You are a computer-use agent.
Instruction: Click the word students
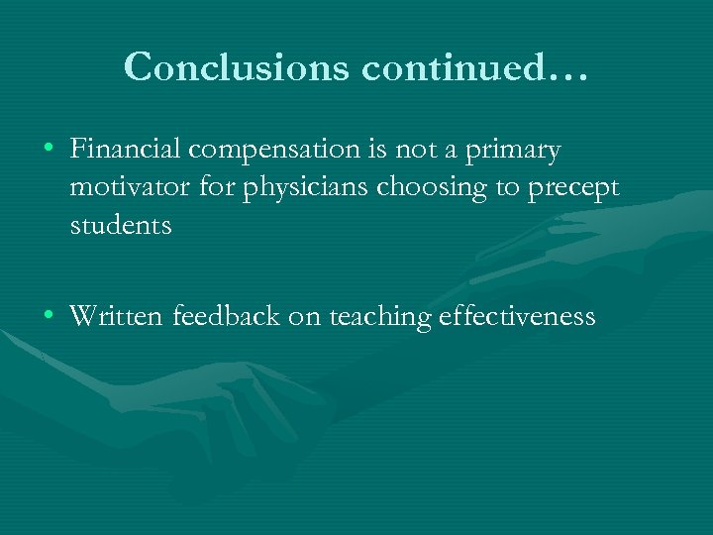pos(121,225)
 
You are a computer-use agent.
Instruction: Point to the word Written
pos(118,316)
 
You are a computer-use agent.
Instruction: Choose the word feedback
pos(227,316)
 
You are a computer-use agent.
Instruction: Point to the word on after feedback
pos(304,317)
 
